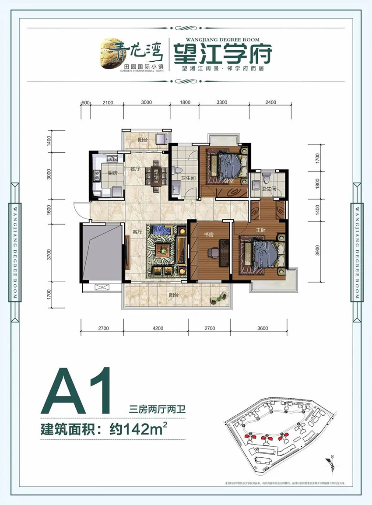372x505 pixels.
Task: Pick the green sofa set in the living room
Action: click(x=164, y=249)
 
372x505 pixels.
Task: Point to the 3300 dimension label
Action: click(x=222, y=102)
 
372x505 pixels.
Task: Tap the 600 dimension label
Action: click(x=86, y=102)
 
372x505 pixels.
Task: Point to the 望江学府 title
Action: click(x=222, y=54)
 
